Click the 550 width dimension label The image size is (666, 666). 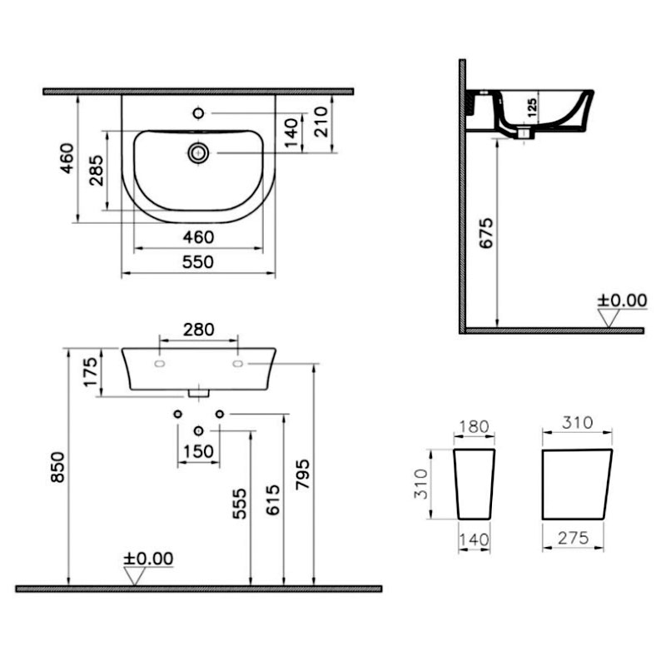[198, 261]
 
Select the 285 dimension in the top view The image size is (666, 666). [97, 171]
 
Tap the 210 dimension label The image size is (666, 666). [321, 122]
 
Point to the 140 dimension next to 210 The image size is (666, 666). [291, 133]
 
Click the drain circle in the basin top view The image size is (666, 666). [198, 153]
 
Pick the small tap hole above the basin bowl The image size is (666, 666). [198, 113]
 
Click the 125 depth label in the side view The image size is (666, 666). [532, 107]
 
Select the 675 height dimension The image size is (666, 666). [486, 233]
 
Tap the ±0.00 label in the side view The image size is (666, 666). [622, 301]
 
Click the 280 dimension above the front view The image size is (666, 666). [199, 329]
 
